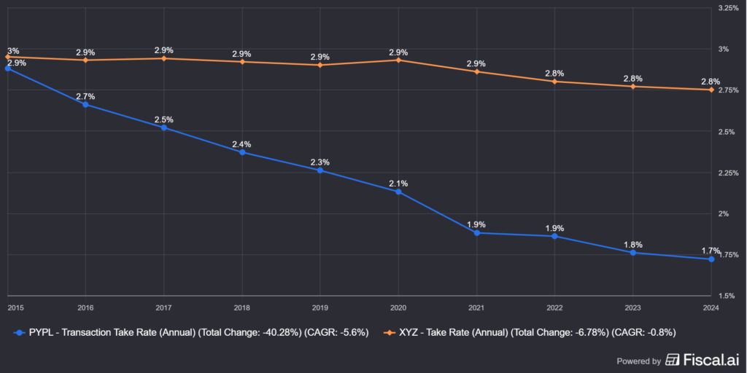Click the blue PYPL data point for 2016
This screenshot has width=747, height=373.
coord(85,104)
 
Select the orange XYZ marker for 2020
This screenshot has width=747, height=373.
coord(398,60)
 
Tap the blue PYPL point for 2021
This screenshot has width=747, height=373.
coord(476,233)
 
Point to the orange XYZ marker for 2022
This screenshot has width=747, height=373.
coord(554,82)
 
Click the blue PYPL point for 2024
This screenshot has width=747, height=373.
coord(711,259)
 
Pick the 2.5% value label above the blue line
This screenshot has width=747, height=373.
coord(163,119)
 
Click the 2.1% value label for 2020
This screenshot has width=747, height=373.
coord(398,184)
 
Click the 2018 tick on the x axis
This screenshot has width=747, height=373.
coord(241,308)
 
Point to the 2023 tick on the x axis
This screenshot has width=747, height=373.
coord(632,308)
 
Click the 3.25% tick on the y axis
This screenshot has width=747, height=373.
coord(729,8)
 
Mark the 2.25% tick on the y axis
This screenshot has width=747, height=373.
coord(729,173)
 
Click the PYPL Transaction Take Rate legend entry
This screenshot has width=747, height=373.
coord(191,332)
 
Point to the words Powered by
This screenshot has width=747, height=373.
coord(639,361)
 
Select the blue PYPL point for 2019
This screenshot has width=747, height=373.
coord(320,170)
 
